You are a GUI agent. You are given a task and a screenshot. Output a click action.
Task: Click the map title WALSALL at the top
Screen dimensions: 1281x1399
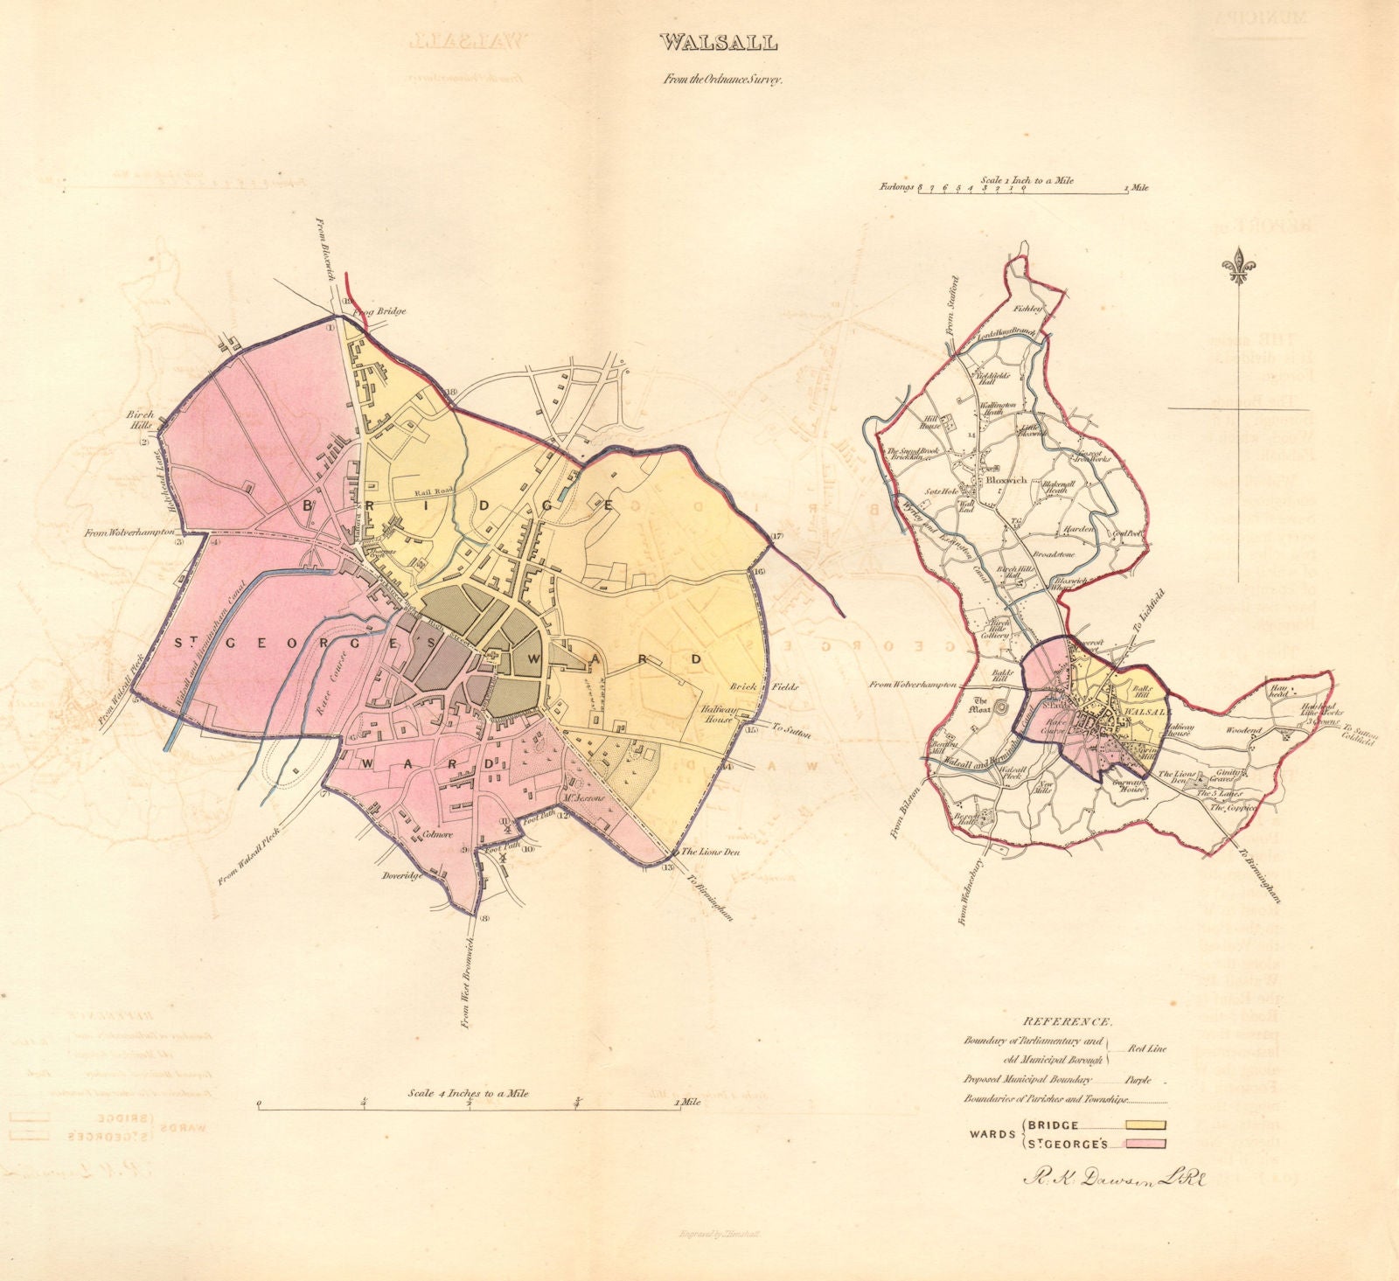click(709, 41)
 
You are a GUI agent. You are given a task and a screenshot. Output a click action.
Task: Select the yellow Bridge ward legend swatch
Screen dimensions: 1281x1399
click(1145, 1125)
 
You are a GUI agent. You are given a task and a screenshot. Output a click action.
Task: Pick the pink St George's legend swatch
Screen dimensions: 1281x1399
click(1145, 1143)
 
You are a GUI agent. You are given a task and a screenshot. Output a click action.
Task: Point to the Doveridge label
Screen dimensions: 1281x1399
click(400, 873)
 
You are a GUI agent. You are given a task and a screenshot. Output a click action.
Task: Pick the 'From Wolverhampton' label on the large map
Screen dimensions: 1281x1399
click(133, 532)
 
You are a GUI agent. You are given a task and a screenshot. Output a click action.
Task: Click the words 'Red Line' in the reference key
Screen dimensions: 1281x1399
click(1145, 1048)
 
